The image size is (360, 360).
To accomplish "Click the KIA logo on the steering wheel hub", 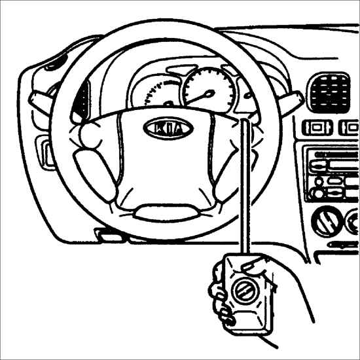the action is [x=168, y=128].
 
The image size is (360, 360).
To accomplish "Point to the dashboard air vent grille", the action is [x=329, y=92].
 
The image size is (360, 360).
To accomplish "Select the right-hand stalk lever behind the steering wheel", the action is [x=291, y=102].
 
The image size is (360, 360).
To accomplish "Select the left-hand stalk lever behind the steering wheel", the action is [x=41, y=101].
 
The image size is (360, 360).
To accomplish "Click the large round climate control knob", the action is [x=327, y=221].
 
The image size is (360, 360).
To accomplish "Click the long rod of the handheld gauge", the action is [x=245, y=186].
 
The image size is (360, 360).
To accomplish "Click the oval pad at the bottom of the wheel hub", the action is [x=167, y=213].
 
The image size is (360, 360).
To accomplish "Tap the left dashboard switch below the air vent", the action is [x=317, y=128].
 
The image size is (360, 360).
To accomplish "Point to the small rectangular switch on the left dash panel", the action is [x=45, y=153].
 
